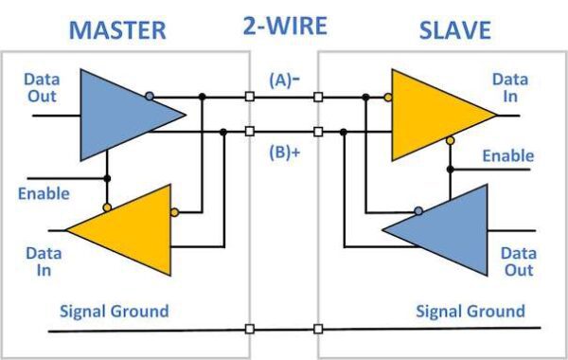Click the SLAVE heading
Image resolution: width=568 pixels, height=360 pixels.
(454, 28)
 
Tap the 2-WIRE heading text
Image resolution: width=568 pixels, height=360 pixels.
(284, 27)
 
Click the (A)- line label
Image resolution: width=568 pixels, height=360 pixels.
(283, 81)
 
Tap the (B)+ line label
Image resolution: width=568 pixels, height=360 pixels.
(283, 149)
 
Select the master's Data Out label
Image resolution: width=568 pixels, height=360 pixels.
(41, 87)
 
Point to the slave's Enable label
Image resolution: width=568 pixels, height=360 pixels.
(507, 155)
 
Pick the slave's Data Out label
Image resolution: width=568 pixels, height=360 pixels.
(518, 261)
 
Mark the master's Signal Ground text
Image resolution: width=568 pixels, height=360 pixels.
(114, 311)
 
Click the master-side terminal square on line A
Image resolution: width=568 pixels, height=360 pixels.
(249, 97)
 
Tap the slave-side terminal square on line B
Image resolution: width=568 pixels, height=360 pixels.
(318, 132)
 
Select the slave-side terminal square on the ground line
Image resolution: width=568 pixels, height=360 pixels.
(318, 330)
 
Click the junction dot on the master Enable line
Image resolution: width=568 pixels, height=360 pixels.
(107, 178)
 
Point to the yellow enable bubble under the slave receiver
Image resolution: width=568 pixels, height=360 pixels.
(450, 140)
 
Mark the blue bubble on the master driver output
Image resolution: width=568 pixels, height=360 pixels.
(150, 96)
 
